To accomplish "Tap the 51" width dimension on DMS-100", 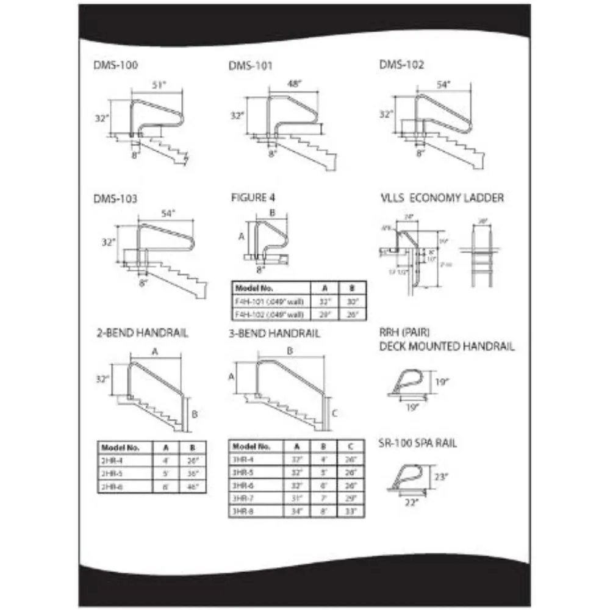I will (x=157, y=86).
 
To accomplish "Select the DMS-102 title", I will (x=401, y=63).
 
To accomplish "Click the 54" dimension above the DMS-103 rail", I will (x=168, y=213).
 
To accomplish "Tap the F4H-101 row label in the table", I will (x=268, y=301).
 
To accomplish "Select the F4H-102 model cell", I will (x=268, y=314).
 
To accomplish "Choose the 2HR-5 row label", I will (x=110, y=473).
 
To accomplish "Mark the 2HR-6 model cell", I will (x=110, y=486).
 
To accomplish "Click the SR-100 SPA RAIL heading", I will (x=418, y=443).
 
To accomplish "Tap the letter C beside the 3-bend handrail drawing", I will (x=335, y=412).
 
